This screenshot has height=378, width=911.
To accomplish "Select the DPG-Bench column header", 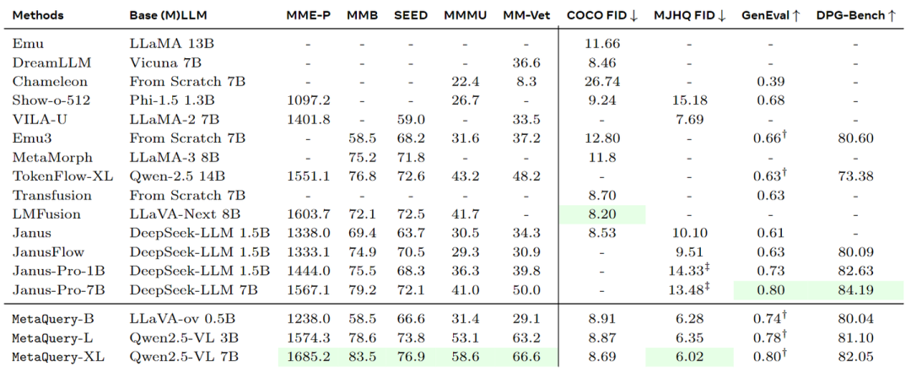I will click(855, 15).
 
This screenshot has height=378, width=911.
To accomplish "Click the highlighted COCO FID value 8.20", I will click(601, 214).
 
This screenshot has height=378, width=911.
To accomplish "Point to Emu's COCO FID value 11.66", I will click(601, 43).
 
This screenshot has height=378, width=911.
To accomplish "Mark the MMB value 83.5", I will click(362, 357).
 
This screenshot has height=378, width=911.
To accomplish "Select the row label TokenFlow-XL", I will click(52, 176).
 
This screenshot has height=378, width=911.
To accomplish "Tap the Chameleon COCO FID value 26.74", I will click(601, 81).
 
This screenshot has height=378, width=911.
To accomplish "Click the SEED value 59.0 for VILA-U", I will click(410, 119).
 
